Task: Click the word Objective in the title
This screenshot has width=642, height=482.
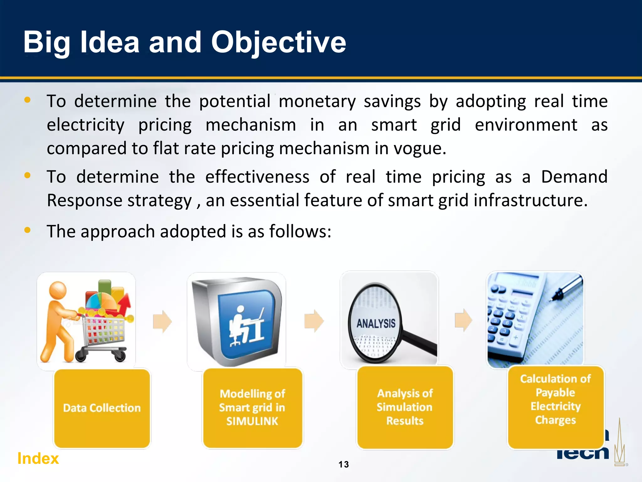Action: pyautogui.click(x=278, y=42)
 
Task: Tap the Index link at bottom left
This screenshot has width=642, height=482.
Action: pyautogui.click(x=38, y=458)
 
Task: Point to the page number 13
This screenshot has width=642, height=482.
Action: pyautogui.click(x=344, y=464)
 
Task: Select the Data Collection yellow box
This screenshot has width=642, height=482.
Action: pyautogui.click(x=102, y=408)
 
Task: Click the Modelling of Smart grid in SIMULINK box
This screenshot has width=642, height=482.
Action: pyautogui.click(x=252, y=407)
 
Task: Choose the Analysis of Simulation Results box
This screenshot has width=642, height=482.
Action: pyautogui.click(x=405, y=407)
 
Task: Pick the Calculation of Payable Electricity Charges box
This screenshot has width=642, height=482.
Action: pyautogui.click(x=555, y=407)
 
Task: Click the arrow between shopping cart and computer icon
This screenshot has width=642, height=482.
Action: pyautogui.click(x=162, y=321)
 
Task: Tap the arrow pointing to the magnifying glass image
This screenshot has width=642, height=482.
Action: pyautogui.click(x=314, y=321)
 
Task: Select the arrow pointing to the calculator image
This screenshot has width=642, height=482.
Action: pyautogui.click(x=463, y=320)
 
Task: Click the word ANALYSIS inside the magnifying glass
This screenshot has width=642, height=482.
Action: pyautogui.click(x=376, y=323)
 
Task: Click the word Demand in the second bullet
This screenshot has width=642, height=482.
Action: pyautogui.click(x=574, y=177)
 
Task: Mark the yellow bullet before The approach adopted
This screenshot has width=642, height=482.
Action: pyautogui.click(x=28, y=230)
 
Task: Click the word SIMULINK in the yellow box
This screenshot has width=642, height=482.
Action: pyautogui.click(x=252, y=421)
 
